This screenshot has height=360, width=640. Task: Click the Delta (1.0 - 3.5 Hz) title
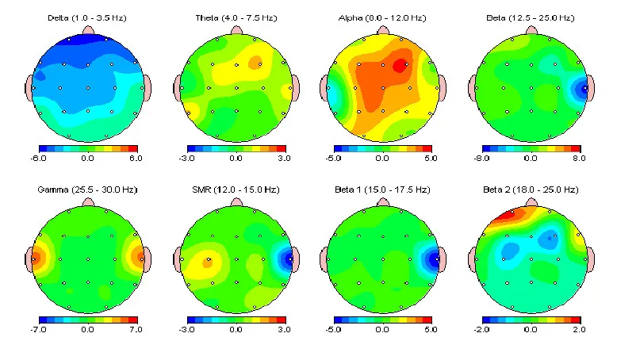point(87,17)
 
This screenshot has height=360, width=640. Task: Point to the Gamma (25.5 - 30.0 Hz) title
point(87,190)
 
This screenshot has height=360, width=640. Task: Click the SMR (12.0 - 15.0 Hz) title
point(235,190)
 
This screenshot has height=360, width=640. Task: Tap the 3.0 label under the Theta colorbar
point(283,159)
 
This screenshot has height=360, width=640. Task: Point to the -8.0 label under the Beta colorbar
point(487,159)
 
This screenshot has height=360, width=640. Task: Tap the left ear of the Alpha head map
point(324,87)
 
